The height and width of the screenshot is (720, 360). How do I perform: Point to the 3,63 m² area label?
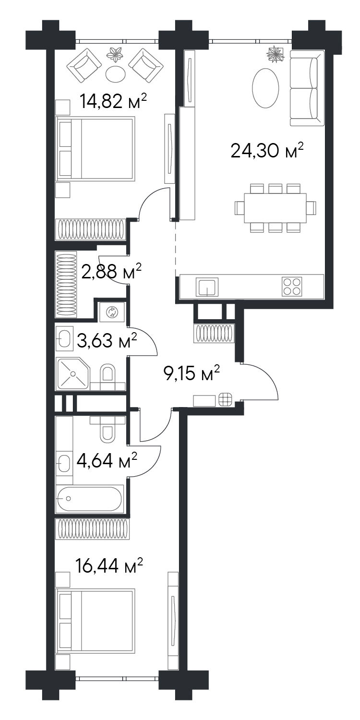tap(107, 340)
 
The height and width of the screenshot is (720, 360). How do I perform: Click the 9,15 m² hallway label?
tap(192, 373)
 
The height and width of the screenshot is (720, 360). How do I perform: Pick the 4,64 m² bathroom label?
tap(107, 460)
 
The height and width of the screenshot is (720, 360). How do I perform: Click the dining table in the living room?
tap(275, 208)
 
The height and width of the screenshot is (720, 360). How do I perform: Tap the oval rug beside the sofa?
tap(265, 88)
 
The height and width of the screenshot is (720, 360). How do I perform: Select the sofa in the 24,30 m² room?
tap(307, 88)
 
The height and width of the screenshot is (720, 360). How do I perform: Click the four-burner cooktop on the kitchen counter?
tap(292, 286)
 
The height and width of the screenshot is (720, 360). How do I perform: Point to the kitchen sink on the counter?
tap(207, 287)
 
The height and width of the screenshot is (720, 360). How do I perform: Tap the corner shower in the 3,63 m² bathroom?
tap(73, 374)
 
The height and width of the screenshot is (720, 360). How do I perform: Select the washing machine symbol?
tap(112, 312)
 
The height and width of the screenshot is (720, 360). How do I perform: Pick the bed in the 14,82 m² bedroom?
tap(95, 148)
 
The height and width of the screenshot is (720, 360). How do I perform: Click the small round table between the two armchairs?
tap(115, 74)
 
